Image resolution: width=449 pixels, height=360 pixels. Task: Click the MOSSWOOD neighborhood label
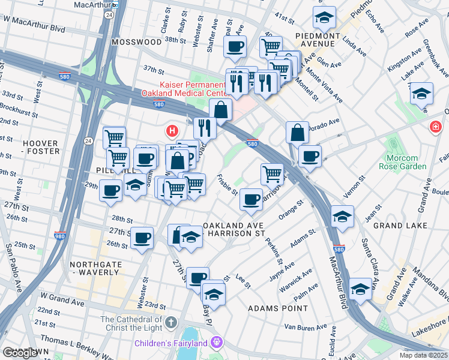(137, 42)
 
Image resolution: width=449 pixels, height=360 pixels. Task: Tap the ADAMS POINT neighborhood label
(277, 308)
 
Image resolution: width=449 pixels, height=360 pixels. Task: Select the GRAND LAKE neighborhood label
(400, 226)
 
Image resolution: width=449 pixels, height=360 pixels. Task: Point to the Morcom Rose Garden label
(402, 162)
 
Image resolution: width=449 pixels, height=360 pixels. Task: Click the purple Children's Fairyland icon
(216, 343)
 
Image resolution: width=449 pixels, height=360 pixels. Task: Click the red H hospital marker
(172, 130)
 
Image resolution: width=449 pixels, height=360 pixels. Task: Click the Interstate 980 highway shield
(60, 236)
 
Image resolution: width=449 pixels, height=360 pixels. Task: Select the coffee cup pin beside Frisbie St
(251, 199)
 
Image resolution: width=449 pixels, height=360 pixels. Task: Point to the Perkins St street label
(276, 252)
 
